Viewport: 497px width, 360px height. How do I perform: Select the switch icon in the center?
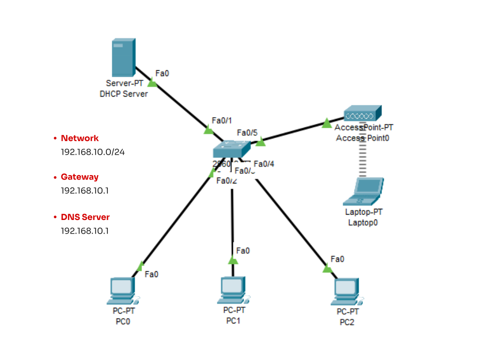(x=231, y=149)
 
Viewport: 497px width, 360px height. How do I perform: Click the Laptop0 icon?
(x=363, y=192)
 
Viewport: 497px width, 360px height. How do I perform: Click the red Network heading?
(x=80, y=138)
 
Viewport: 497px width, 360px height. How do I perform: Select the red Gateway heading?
(x=80, y=177)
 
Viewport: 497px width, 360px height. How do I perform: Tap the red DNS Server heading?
(x=85, y=217)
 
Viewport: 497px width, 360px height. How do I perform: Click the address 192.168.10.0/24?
(x=93, y=152)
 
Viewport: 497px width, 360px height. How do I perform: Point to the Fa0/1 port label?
(x=222, y=120)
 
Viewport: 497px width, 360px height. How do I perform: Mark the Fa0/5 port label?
(x=247, y=133)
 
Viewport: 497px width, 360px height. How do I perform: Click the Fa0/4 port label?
(x=264, y=164)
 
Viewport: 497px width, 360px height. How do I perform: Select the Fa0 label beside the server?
(x=162, y=74)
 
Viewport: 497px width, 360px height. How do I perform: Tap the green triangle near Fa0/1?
(x=208, y=130)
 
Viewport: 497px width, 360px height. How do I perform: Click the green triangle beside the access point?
(x=327, y=123)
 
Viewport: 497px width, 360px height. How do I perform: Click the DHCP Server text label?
(x=124, y=94)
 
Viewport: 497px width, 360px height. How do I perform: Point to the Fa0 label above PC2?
(x=337, y=259)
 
